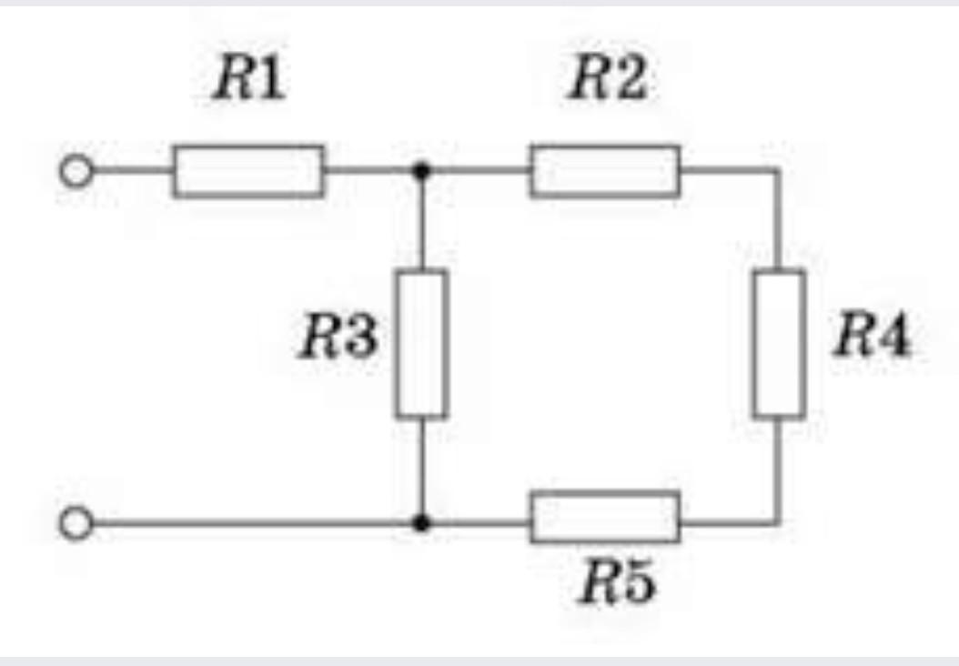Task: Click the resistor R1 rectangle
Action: pyautogui.click(x=247, y=170)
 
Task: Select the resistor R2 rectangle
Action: pyautogui.click(x=605, y=170)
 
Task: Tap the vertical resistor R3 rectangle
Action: pyautogui.click(x=421, y=344)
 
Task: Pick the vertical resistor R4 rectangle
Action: pyautogui.click(x=779, y=344)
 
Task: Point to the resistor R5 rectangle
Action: pyautogui.click(x=605, y=516)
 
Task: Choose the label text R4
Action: pyautogui.click(x=872, y=339)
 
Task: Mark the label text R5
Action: pyautogui.click(x=618, y=585)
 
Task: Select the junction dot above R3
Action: pyautogui.click(x=420, y=170)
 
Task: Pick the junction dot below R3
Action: pyautogui.click(x=420, y=523)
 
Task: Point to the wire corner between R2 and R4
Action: pyautogui.click(x=779, y=170)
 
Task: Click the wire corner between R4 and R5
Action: pyautogui.click(x=779, y=523)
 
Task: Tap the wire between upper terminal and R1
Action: pyautogui.click(x=131, y=170)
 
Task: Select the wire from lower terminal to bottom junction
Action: pyautogui.click(x=255, y=523)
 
